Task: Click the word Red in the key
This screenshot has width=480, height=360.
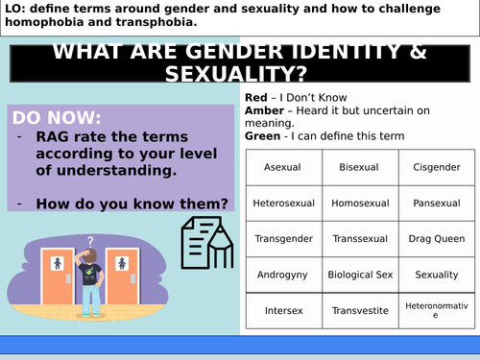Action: [x=255, y=98]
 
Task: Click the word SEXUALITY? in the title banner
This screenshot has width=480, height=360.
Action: [x=240, y=74]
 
